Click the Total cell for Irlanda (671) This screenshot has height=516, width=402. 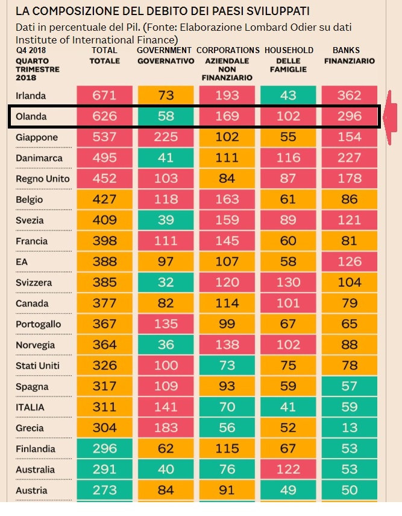[104, 95]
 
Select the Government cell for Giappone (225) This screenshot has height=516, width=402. [166, 138]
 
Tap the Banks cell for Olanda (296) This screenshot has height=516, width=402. [350, 116]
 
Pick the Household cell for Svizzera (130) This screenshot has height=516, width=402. [288, 282]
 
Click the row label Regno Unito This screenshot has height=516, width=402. [43, 179]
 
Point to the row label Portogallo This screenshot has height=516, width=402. [39, 324]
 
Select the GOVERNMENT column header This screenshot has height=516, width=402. [165, 50]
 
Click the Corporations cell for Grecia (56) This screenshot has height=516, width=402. [227, 428]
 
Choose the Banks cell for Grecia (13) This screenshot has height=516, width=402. [350, 428]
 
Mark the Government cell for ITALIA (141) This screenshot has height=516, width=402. [166, 407]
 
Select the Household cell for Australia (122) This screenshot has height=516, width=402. [288, 470]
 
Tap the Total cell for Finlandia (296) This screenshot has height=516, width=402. [104, 449]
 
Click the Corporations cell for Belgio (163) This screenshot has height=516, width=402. [227, 200]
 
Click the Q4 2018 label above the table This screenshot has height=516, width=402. [32, 50]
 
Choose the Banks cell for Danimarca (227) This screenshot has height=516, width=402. [350, 158]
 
